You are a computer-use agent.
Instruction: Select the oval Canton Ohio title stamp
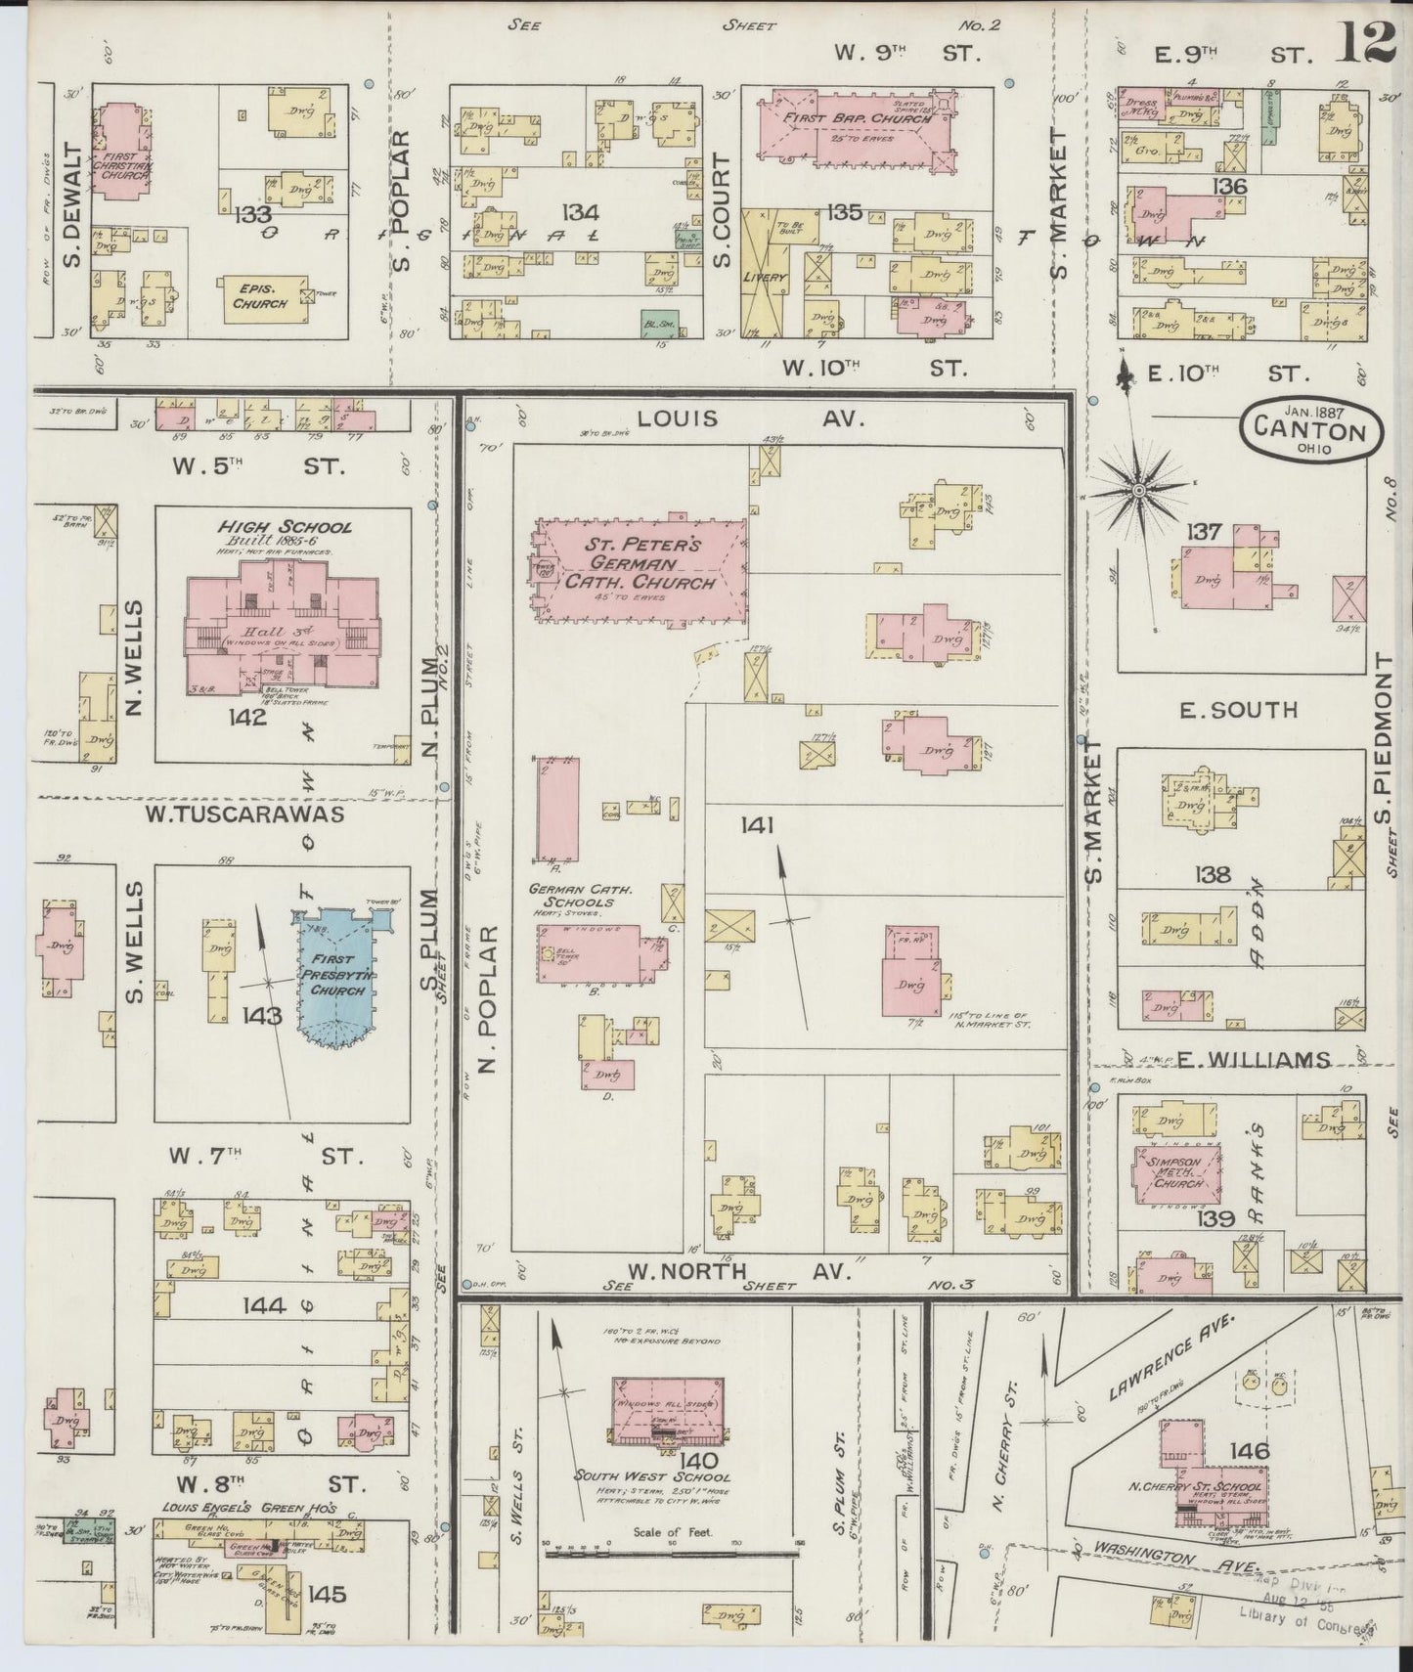(x=1310, y=431)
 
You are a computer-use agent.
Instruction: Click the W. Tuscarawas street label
(x=244, y=813)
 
